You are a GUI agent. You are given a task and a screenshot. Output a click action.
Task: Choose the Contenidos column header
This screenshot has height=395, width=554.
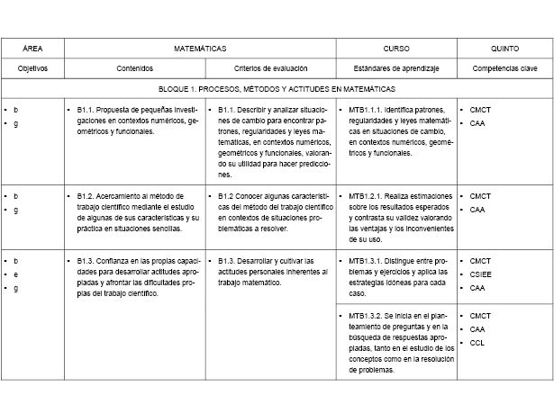pos(135,67)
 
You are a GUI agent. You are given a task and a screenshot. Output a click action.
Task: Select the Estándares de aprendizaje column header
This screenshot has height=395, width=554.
pos(396,67)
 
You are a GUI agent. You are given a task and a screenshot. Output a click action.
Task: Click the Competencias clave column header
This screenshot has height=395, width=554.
pos(504,67)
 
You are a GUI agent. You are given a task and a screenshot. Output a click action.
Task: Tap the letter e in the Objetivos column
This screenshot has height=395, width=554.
pos(15,274)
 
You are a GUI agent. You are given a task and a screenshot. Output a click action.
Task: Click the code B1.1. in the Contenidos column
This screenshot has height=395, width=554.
pos(86,109)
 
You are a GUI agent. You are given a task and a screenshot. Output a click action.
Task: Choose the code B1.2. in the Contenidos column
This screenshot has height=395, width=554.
pos(86,195)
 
